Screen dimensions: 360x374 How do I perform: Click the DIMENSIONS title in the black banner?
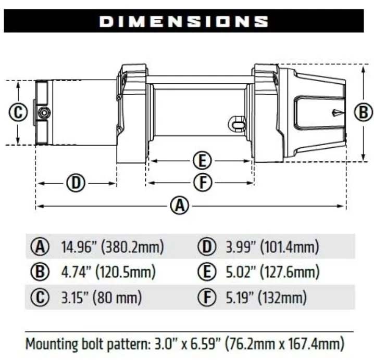tap(183, 21)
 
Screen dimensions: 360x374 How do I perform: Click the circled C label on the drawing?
tap(18, 112)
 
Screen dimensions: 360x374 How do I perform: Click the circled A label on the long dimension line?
tap(180, 206)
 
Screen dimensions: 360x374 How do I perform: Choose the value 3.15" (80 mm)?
tap(102, 298)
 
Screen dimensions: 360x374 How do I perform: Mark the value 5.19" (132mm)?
tap(266, 298)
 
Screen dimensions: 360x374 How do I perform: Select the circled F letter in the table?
tap(206, 298)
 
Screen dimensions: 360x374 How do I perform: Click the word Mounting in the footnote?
tap(50, 343)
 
